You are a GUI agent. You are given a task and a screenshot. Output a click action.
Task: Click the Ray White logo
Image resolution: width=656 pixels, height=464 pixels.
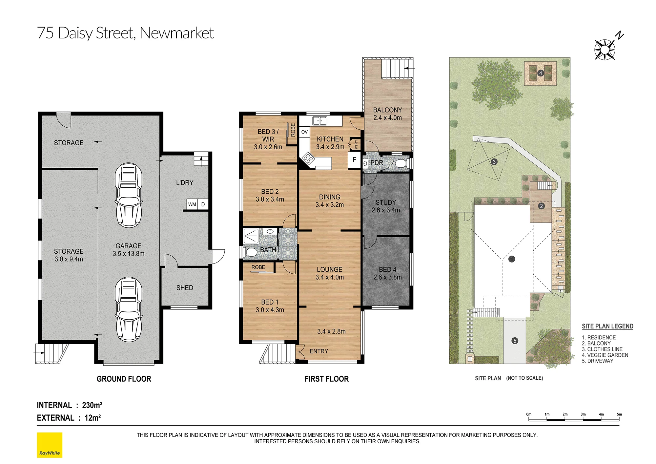tap(50, 445)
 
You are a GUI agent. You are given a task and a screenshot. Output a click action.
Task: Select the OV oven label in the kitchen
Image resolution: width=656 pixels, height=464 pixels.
tap(304, 132)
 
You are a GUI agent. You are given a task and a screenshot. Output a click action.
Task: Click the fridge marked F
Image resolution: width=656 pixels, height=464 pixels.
tap(354, 160)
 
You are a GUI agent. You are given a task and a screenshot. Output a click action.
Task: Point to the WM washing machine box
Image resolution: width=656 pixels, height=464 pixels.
tap(192, 204)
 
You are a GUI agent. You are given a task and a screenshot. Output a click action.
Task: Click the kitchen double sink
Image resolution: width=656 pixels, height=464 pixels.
tap(319, 121)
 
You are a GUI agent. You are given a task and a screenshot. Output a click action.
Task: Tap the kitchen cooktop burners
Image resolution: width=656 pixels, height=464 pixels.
tap(308, 158)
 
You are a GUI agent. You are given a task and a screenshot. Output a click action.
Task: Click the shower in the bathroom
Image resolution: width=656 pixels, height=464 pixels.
tap(251, 236)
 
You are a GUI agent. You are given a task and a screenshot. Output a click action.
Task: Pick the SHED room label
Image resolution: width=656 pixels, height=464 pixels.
tap(185, 288)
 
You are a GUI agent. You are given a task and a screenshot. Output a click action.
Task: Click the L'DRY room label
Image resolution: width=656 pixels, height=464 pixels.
tap(185, 183)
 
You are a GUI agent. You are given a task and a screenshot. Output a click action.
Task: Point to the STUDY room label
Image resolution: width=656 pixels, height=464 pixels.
tap(386, 202)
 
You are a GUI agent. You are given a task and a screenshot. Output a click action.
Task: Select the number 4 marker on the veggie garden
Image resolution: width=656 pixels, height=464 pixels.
tap(541, 73)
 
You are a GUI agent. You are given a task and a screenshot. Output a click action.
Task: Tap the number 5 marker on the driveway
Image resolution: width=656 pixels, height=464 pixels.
tap(515, 341)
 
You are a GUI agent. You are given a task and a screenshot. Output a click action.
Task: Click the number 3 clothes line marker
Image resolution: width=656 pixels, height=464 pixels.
tap(494, 162)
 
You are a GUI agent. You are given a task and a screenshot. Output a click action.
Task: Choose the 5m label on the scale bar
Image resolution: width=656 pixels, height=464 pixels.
tap(619, 414)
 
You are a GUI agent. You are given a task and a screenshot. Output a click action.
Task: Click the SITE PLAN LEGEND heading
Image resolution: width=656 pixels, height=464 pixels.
tap(607, 326)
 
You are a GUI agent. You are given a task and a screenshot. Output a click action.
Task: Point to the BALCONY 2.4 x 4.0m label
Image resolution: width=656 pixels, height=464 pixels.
tap(387, 114)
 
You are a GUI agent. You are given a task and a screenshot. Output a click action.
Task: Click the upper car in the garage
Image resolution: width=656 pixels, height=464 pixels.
tap(129, 195)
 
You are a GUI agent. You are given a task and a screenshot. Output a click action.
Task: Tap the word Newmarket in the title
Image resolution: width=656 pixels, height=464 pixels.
tap(176, 33)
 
